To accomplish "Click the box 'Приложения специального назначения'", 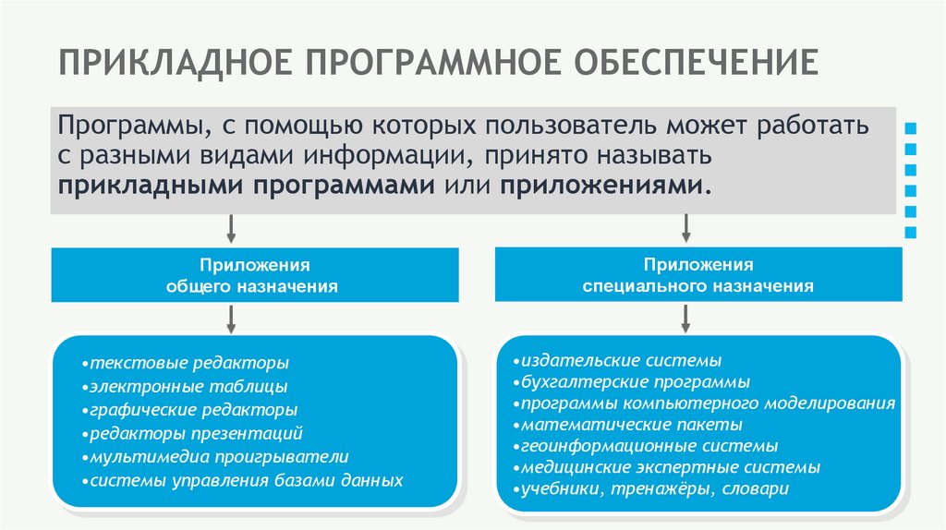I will point(697,274).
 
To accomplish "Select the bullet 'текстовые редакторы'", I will point(185,362).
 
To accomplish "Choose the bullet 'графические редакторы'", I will point(188,409).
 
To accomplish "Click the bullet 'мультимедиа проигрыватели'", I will point(213,457).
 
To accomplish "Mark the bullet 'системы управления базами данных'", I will point(241,481).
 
